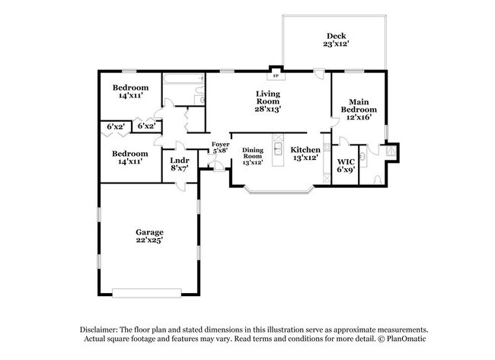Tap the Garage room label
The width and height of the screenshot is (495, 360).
pos(150,231)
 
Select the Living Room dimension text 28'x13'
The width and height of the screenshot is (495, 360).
pos(267,109)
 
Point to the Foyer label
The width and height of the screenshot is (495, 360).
pos(220,144)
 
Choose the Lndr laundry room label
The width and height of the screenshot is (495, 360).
pos(180,160)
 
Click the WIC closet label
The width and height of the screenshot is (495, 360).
pos(346,161)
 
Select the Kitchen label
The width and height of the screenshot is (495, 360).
pos(305,150)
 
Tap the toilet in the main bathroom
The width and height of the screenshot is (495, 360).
pos(378,180)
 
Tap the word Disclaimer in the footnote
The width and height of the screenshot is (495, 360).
pos(101,330)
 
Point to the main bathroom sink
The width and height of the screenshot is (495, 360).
pos(362,155)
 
